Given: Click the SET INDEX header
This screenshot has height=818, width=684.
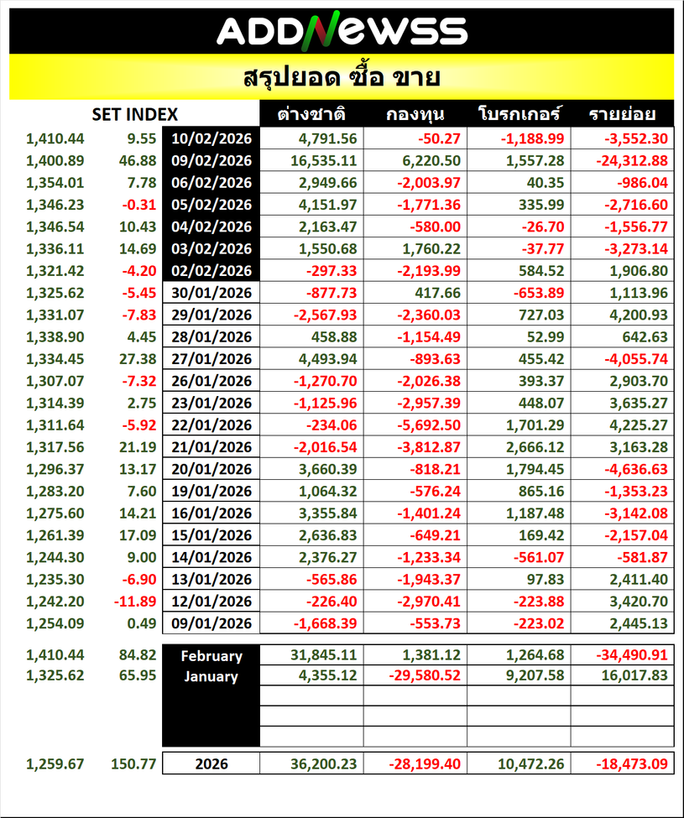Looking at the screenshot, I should [134, 114].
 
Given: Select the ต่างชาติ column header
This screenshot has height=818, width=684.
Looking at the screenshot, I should [312, 114].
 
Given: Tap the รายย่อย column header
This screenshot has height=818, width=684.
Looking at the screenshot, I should [622, 114].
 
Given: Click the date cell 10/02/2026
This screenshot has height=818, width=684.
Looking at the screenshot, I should [212, 138].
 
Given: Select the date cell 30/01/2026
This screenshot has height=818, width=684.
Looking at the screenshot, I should [212, 293].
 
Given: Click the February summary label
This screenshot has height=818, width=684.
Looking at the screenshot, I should [211, 656].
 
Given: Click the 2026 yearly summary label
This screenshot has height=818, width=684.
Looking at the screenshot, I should [211, 764].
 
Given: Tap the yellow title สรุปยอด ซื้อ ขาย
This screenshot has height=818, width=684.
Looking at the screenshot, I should [342, 78].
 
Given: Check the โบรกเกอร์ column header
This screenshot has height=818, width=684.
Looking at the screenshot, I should [520, 114].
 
